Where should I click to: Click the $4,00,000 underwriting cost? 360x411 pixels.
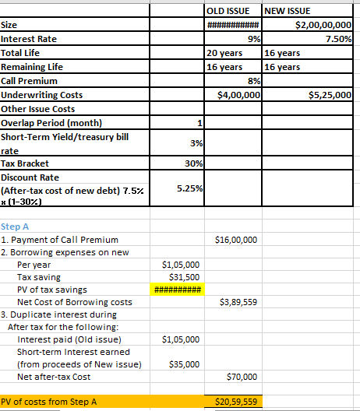pos(238,95)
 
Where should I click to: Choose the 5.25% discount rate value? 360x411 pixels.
pos(190,188)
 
